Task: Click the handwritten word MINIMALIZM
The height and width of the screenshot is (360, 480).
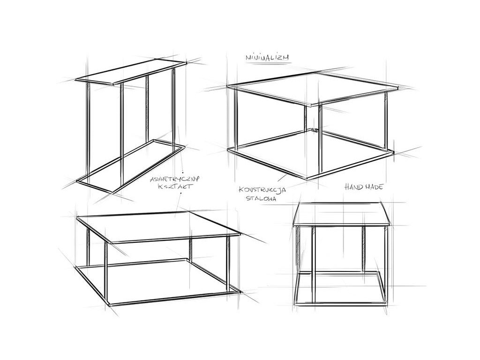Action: [x=267, y=57]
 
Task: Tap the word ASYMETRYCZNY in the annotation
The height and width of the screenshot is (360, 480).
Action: [x=174, y=179]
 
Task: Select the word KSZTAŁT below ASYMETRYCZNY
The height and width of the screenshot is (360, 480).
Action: [x=175, y=187]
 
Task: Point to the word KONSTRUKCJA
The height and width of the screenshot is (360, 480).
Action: [x=262, y=190]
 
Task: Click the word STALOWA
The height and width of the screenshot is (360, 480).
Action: [x=261, y=198]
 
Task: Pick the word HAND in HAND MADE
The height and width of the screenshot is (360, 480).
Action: [x=353, y=187]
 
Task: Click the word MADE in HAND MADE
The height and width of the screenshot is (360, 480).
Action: [x=374, y=187]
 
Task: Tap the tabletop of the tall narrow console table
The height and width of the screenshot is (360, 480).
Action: [x=131, y=72]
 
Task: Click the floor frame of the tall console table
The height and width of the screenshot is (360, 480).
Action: [x=131, y=166]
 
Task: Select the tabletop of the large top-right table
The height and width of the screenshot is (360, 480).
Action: [x=313, y=88]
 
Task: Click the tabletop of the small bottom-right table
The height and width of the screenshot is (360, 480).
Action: [x=341, y=214]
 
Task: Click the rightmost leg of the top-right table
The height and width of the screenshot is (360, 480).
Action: [x=386, y=121]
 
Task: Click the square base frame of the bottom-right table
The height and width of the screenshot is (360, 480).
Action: [x=340, y=305]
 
